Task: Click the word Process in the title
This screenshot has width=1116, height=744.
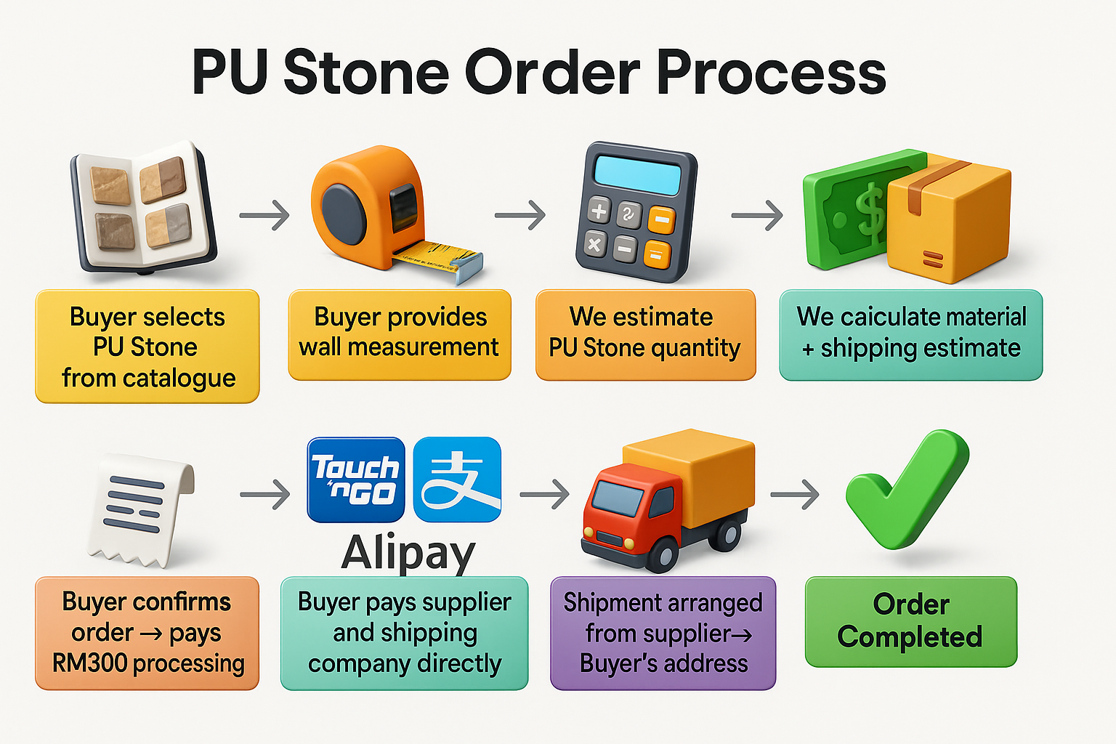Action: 771,73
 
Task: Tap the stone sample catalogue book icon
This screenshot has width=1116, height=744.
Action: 142,207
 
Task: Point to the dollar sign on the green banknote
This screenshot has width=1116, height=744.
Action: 868,211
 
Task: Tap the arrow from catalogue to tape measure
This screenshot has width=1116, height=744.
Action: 264,215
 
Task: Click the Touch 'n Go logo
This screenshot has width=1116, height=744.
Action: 356,480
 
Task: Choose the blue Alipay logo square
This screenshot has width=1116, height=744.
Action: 457,480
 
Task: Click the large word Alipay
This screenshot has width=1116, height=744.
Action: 408,554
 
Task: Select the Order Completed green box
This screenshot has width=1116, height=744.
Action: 911,621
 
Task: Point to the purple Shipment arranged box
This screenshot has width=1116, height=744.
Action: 663,633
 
